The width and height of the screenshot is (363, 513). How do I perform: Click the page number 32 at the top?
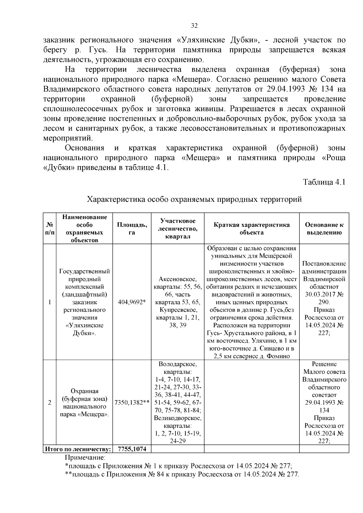point(194,26)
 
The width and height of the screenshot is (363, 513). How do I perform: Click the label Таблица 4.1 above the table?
point(324,182)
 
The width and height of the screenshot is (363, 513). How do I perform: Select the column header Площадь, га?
point(132,229)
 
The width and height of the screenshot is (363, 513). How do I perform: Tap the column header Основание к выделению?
point(324,229)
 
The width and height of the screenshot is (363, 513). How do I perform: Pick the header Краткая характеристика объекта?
point(251,229)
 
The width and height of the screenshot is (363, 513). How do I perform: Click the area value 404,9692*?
point(132,302)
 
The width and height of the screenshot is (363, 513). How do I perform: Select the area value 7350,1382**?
point(132,403)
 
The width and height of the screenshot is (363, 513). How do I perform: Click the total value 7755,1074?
point(132,449)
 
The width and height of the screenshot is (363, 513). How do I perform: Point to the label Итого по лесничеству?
point(78,449)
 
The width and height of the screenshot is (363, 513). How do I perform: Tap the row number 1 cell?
point(50,302)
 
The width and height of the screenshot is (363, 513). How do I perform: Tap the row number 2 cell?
point(50,403)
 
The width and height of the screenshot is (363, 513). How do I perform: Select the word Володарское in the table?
point(178,364)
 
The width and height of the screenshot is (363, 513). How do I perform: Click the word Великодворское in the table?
point(178,418)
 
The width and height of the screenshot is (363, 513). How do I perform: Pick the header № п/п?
point(50,229)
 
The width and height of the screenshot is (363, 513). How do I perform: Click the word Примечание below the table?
point(85,457)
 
